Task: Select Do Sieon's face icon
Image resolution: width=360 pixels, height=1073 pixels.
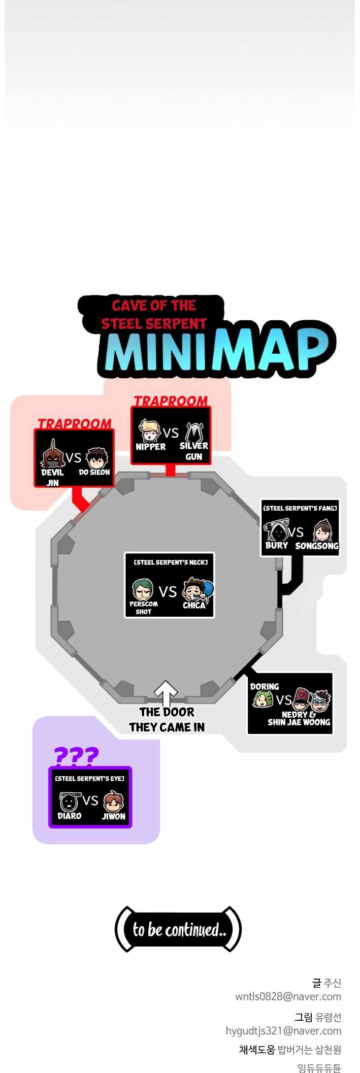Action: [x=96, y=458]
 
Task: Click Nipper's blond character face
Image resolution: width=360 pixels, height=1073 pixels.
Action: [x=150, y=431]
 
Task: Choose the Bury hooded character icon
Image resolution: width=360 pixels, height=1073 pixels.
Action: [x=277, y=531]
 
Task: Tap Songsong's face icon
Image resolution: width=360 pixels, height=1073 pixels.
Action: [x=322, y=531]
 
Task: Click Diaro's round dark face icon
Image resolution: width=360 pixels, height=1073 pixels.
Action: [x=69, y=802]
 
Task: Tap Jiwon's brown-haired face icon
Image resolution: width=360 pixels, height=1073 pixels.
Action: [x=113, y=801]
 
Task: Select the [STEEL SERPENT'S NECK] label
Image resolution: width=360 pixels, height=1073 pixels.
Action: [x=171, y=562]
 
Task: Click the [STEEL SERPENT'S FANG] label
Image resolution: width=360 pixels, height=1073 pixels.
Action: [x=300, y=508]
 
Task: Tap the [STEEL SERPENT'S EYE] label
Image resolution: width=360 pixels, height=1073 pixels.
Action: [x=90, y=778]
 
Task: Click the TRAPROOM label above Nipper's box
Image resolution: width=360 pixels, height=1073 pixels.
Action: [x=171, y=400]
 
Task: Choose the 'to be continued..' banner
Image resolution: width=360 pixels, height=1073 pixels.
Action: [x=179, y=929]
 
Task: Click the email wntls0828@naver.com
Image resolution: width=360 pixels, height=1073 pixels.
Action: [x=288, y=996]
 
